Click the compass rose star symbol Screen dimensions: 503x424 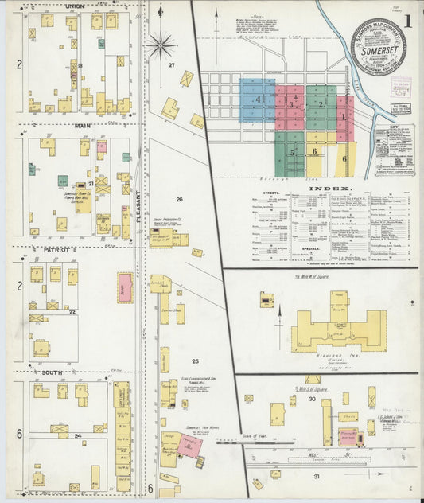tap(161, 45)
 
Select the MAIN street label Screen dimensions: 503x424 tap(82, 125)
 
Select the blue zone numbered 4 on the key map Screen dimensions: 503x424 tap(258, 99)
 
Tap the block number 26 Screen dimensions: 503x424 tap(179, 199)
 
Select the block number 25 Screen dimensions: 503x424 tap(194, 361)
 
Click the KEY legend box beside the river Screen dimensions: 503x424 tap(394, 148)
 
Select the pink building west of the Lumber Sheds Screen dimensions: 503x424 tap(125, 287)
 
